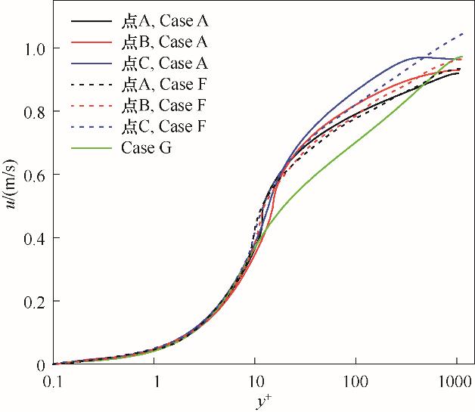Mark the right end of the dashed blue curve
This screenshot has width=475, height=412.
point(463,33)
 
